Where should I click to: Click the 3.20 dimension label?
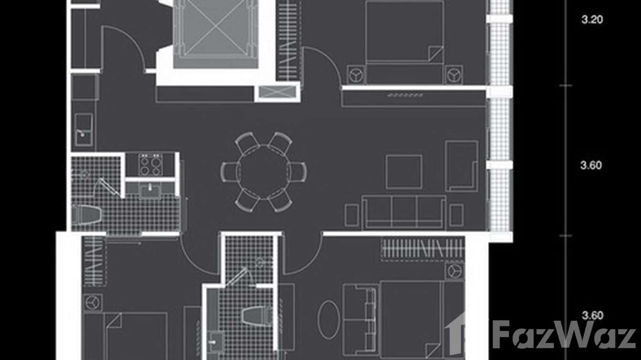pos(592,20)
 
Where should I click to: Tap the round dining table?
pos(264,172)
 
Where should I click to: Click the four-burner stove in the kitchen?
pos(150,165)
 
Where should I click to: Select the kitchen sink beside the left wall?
pos(84,129)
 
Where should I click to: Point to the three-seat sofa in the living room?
pos(404,212)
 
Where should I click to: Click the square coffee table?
pos(404,172)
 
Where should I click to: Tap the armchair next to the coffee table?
pos(461,166)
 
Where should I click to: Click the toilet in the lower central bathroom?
pos(256,316)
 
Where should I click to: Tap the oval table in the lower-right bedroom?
pos(329,320)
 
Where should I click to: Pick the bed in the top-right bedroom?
pos(405,42)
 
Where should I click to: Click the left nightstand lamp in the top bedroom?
pos(356,75)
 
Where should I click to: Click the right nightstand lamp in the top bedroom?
pos(454,75)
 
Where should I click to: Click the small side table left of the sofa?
pos(352,215)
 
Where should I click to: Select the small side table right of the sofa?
pos(456,215)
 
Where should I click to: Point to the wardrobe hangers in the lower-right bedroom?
pos(422,249)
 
